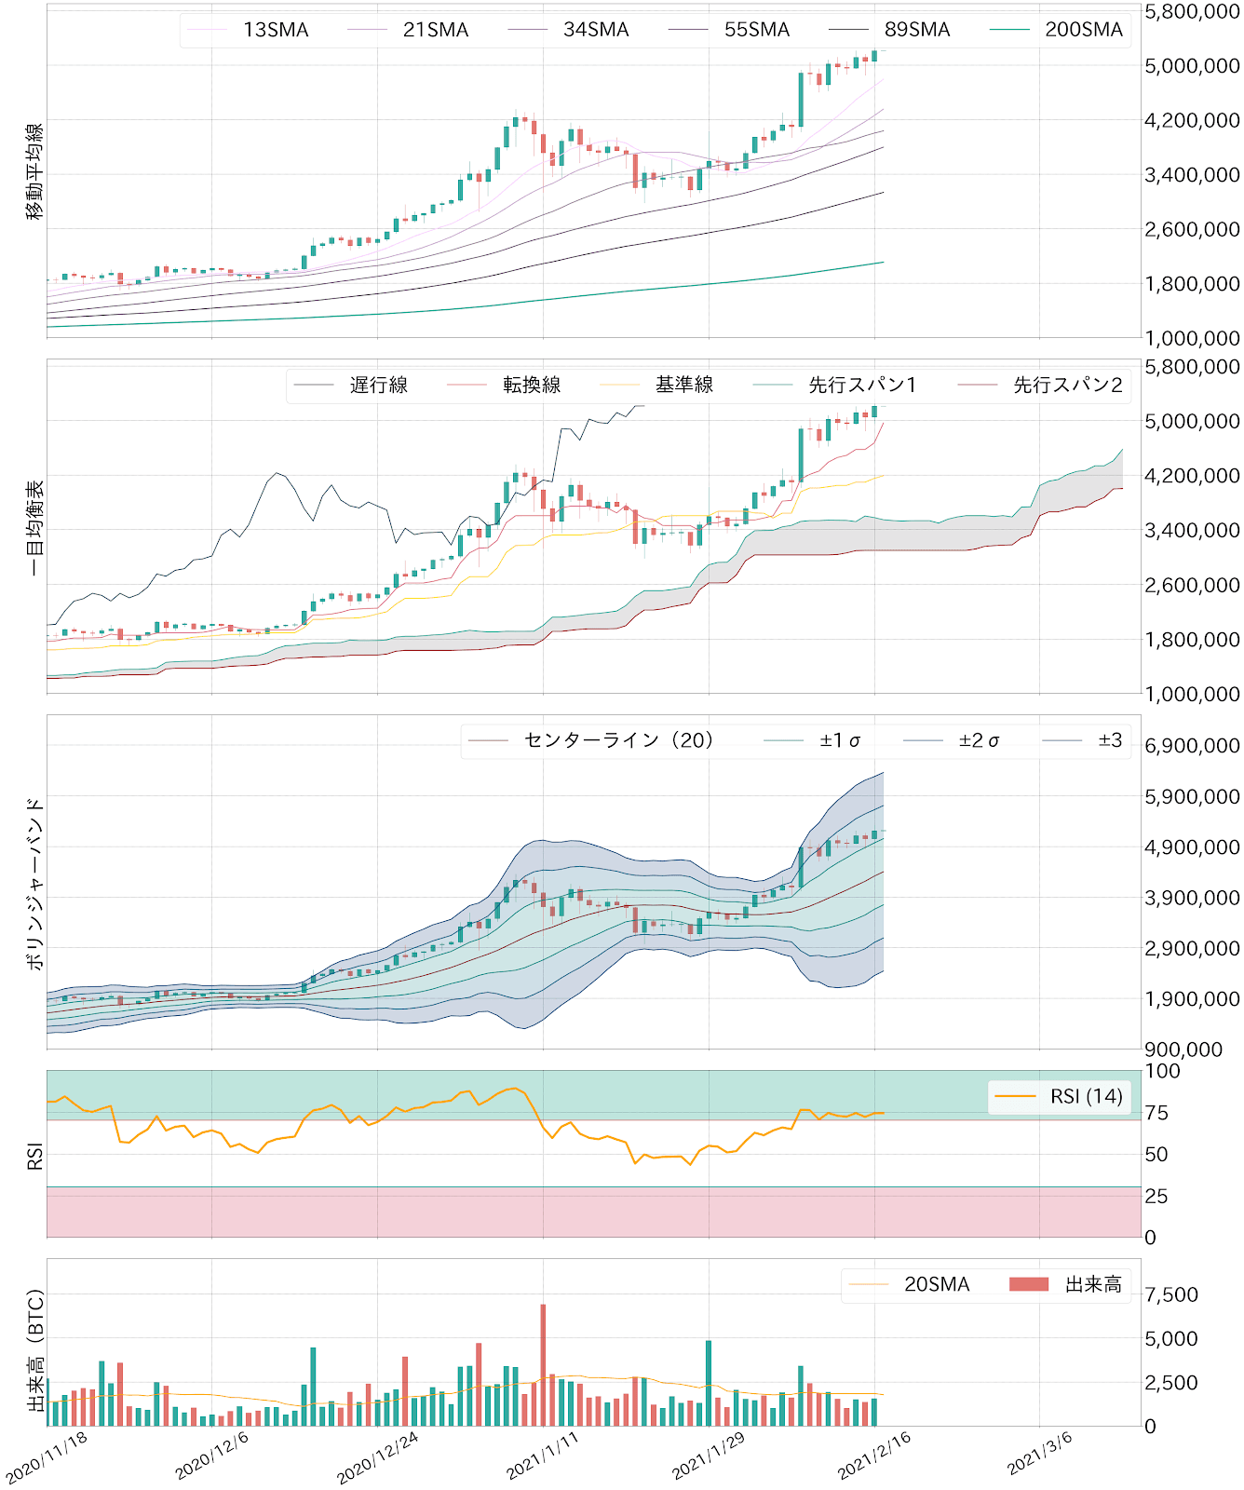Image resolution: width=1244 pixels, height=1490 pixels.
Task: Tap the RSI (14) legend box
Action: click(1060, 1096)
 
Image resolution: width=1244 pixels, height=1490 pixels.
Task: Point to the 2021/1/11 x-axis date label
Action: click(543, 1455)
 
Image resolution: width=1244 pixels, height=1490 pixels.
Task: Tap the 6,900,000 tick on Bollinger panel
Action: click(1192, 746)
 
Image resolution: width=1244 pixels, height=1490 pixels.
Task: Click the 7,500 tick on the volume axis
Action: click(1171, 1294)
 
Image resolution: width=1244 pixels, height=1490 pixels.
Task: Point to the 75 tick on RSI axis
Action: click(1156, 1113)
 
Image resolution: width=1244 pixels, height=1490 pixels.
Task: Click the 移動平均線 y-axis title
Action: click(34, 171)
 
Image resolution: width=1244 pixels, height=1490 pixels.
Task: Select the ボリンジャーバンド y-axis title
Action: click(34, 883)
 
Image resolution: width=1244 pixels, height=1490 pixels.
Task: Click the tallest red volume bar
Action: click(543, 1364)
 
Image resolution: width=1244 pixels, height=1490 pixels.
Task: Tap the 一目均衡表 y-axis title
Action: click(34, 528)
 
